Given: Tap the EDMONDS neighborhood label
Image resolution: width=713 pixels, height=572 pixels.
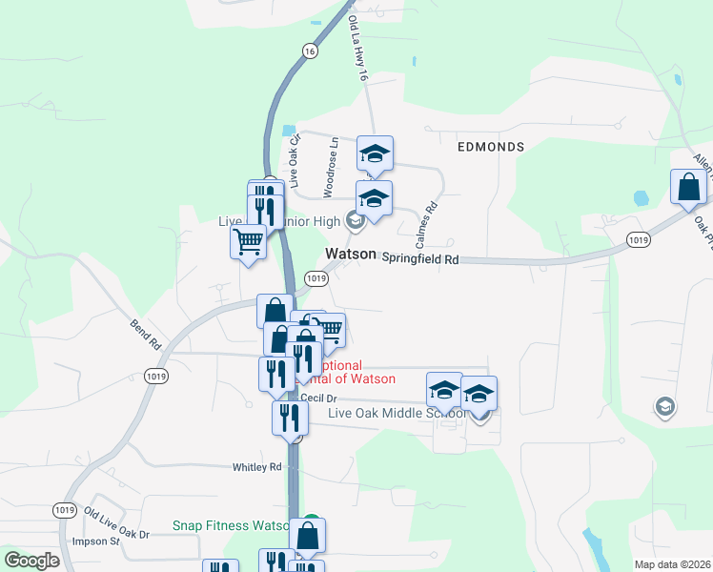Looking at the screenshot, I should click(x=491, y=147).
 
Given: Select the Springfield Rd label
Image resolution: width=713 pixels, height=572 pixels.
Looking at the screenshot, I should click(x=420, y=258).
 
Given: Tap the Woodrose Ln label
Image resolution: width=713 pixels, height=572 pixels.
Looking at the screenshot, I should click(x=330, y=168).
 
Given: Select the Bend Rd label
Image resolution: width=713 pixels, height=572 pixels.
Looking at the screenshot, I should click(x=145, y=334).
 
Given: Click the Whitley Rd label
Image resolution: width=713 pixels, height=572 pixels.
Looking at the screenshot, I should click(x=257, y=467).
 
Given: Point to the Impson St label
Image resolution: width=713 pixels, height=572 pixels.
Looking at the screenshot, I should click(x=94, y=541).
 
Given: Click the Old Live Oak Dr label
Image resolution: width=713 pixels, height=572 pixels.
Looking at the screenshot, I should click(x=117, y=523).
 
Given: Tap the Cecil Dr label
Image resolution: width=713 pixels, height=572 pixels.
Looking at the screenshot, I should click(x=318, y=398).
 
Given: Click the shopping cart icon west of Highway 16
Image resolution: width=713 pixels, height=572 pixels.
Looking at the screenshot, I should click(x=248, y=242).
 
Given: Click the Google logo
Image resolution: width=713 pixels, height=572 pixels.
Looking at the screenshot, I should click(x=31, y=561).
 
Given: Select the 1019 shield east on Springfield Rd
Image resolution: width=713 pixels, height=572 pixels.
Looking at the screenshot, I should click(x=640, y=243).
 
